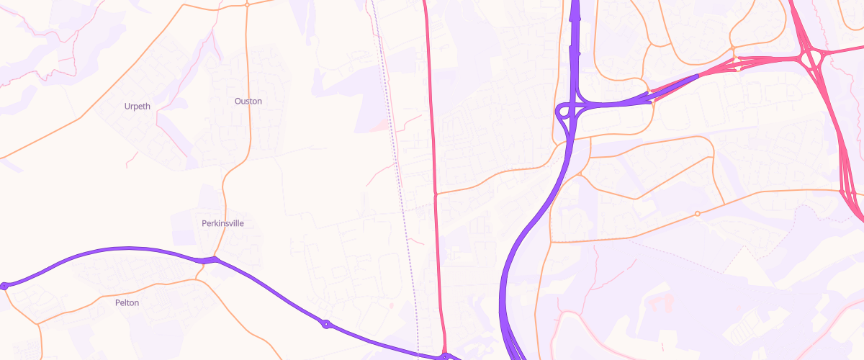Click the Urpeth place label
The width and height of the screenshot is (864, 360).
pos(138,107)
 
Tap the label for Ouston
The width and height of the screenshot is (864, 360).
pos(248,102)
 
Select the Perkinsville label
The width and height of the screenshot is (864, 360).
pos(222,223)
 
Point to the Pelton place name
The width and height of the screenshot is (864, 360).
pos(127,303)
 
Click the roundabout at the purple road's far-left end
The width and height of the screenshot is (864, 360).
pos(5,286)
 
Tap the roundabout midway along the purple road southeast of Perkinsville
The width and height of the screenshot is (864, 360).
pos(325,324)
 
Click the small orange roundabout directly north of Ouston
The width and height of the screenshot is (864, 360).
pos(247,4)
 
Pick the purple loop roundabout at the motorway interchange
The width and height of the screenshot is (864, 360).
pos(564,111)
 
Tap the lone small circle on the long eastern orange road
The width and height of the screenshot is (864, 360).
pos(697,214)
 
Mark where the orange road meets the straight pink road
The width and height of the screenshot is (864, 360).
pos(436,194)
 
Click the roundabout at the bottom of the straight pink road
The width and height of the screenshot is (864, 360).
pos(446,356)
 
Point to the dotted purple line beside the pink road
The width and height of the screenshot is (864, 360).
pos(407,238)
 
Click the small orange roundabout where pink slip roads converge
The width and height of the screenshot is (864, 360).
pos(734,59)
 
